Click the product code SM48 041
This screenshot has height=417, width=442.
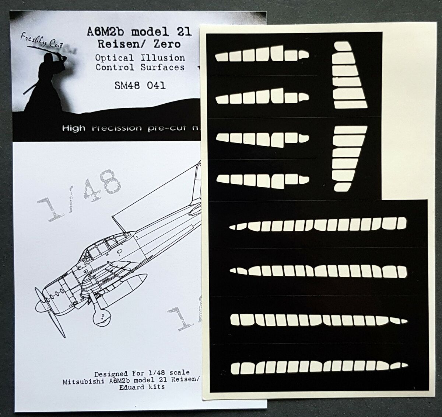coord(140,86)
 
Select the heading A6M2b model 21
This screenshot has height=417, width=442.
coord(140,32)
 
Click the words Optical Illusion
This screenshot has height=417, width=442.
coord(140,58)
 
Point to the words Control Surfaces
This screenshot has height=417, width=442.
coord(140,67)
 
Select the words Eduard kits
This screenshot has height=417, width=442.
coord(140,387)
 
